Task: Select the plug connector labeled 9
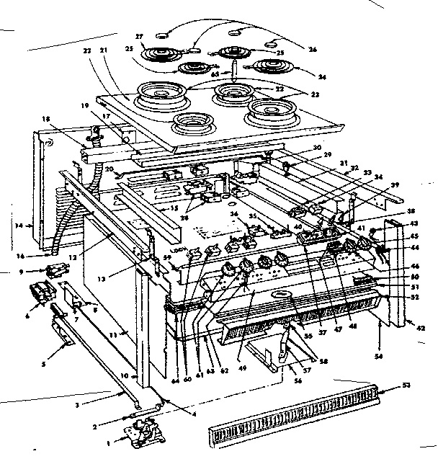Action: click(x=53, y=272)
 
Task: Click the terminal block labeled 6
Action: click(x=42, y=295)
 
